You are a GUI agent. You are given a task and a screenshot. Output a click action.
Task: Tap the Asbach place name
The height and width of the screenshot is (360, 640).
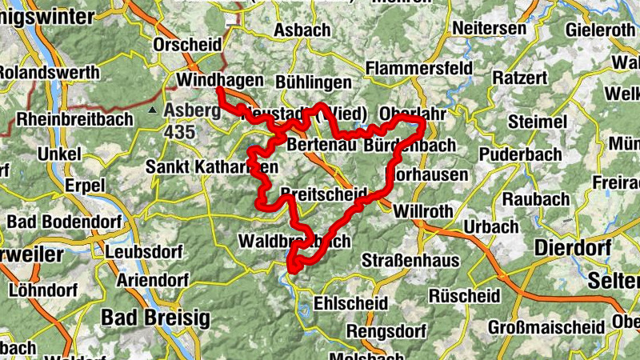click(x=302, y=30)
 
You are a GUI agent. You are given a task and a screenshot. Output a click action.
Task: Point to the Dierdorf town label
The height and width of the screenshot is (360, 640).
click(x=573, y=247)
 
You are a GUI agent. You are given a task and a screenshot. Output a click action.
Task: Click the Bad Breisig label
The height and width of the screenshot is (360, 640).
click(x=155, y=318)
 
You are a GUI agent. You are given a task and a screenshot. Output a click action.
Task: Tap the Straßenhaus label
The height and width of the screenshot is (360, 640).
click(x=410, y=261)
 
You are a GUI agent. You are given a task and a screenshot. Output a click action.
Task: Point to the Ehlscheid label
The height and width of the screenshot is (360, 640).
click(x=351, y=304)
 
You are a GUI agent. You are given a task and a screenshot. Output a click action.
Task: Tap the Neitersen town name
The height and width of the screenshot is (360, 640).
click(x=490, y=29)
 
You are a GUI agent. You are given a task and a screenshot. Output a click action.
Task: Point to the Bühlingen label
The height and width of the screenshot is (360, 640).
click(x=313, y=82)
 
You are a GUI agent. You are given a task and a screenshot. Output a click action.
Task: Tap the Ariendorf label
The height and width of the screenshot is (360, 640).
click(x=152, y=281)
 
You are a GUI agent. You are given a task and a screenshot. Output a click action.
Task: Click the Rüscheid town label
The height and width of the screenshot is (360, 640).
click(x=464, y=296)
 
